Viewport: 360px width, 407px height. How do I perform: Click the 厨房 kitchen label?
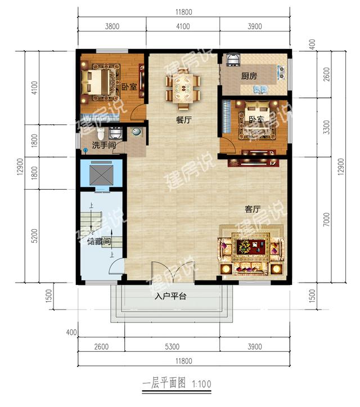click(249, 76)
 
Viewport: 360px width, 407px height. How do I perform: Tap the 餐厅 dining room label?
click(183, 120)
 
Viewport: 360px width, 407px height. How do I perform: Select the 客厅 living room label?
click(253, 209)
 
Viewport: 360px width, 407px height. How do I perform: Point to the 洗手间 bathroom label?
click(103, 145)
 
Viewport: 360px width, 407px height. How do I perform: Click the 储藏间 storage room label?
click(99, 241)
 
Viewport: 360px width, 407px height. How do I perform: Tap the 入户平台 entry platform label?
click(170, 296)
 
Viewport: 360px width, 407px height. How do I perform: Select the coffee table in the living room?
click(251, 247)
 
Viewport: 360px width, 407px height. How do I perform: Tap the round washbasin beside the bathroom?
click(136, 132)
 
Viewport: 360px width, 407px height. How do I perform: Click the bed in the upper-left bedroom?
click(95, 82)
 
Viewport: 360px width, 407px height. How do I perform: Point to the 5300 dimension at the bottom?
click(172, 347)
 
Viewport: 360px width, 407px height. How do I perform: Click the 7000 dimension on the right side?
click(327, 220)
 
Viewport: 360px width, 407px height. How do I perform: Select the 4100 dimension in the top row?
click(183, 26)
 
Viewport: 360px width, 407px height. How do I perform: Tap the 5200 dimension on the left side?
click(34, 236)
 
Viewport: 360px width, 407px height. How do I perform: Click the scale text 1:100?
click(201, 384)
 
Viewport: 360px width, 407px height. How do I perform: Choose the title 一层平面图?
click(164, 383)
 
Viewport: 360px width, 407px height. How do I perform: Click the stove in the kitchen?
click(281, 72)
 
